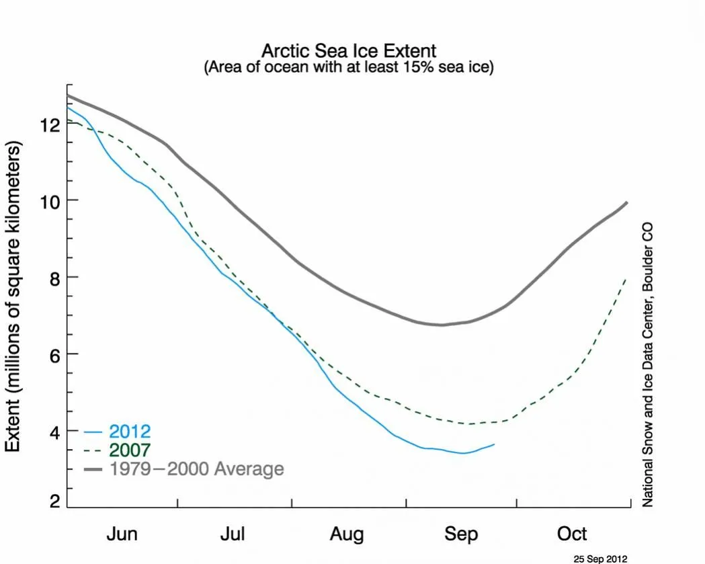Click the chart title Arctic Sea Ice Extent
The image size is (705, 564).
(349, 51)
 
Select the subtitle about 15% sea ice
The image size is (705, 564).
(349, 68)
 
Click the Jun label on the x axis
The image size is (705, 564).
(122, 534)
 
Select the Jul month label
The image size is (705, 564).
(233, 534)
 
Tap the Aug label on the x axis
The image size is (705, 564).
(347, 534)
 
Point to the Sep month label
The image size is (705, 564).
(461, 534)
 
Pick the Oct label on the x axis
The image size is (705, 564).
(572, 534)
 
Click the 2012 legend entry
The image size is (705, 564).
(130, 431)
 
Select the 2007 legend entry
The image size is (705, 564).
(130, 450)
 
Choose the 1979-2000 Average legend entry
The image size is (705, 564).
(196, 469)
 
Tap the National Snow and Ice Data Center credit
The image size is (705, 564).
(648, 365)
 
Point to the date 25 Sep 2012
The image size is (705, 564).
(600, 558)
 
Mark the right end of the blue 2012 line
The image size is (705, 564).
(495, 444)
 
